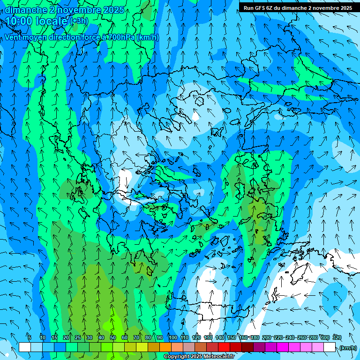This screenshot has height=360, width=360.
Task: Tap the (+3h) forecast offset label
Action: (79, 21)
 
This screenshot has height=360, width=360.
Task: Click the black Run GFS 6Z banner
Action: (298, 7)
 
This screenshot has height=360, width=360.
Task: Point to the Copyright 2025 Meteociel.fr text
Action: (199, 357)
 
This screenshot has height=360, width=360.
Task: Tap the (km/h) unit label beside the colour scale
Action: (348, 347)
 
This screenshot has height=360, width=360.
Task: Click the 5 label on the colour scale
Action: (30, 337)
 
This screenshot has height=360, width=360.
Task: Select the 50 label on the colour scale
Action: (113, 337)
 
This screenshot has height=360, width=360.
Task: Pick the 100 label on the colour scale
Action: (172, 337)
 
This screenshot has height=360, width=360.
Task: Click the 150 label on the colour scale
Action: (232, 337)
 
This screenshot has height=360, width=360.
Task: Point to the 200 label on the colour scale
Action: (267, 337)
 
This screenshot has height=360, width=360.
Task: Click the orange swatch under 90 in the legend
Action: (165, 347)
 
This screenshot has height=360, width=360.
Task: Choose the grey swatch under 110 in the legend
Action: (189, 347)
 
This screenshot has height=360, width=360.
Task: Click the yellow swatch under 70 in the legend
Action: (142, 347)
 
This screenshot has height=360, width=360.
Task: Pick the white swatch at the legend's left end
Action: (25, 347)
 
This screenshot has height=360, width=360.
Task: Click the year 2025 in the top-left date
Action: (113, 9)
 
